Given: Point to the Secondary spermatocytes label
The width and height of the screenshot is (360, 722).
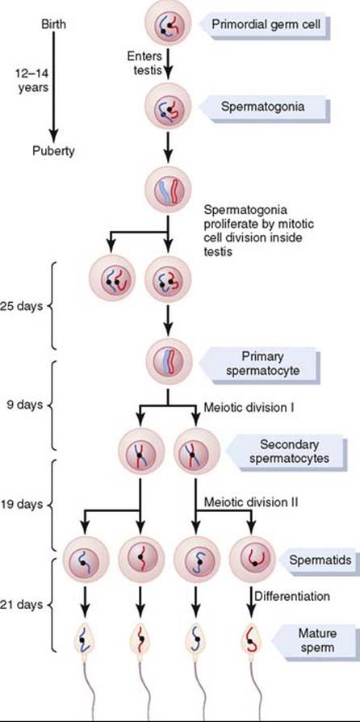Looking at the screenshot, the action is coord(285,451).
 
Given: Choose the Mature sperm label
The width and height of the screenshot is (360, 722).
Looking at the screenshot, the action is coord(308,640).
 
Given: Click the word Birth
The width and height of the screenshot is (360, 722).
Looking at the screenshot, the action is coord(53,24).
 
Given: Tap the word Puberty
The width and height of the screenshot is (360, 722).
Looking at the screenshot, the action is coord(53,151).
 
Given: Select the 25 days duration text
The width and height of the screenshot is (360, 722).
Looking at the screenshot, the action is coord(21,307).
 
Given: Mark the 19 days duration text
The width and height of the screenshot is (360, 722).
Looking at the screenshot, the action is coord(21,504).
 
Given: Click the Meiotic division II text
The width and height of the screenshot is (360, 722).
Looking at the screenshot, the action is coord(250,502).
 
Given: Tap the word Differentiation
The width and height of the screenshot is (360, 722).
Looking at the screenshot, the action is coord(292,596).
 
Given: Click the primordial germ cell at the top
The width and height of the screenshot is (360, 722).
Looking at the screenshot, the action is coord(168,23).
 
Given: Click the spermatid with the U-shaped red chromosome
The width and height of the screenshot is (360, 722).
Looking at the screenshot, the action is coord(252,559).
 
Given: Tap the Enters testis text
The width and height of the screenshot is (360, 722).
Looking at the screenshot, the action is coord(145,64).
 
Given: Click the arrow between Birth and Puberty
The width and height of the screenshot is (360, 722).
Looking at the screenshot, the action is coord(53,86).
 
